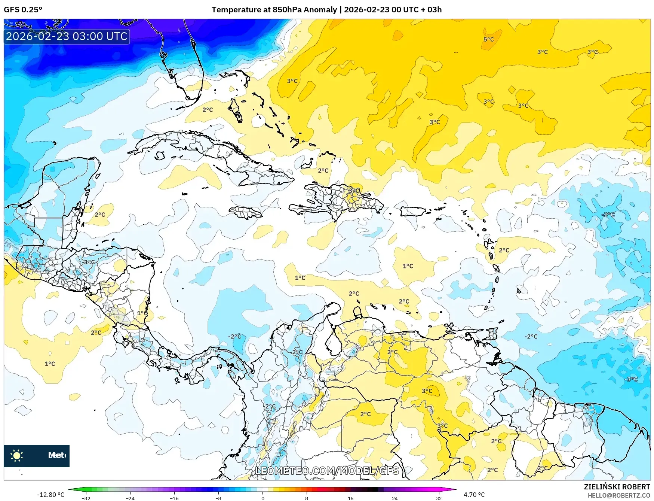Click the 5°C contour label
point(488,39)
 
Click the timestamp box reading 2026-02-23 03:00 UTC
point(67,36)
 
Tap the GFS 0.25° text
point(23,9)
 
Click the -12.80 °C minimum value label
point(50,495)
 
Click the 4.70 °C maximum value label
point(474,495)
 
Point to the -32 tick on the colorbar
point(86,498)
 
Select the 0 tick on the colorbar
point(262,498)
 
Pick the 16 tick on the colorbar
point(350,498)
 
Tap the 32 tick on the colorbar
point(439,498)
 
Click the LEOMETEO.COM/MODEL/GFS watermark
point(327,471)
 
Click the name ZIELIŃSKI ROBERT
point(617,487)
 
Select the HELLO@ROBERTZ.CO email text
point(618,495)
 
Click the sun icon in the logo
point(17,455)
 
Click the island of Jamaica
point(246,213)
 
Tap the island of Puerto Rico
point(412,212)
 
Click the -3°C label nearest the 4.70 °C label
point(631,379)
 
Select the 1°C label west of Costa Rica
point(50,364)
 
